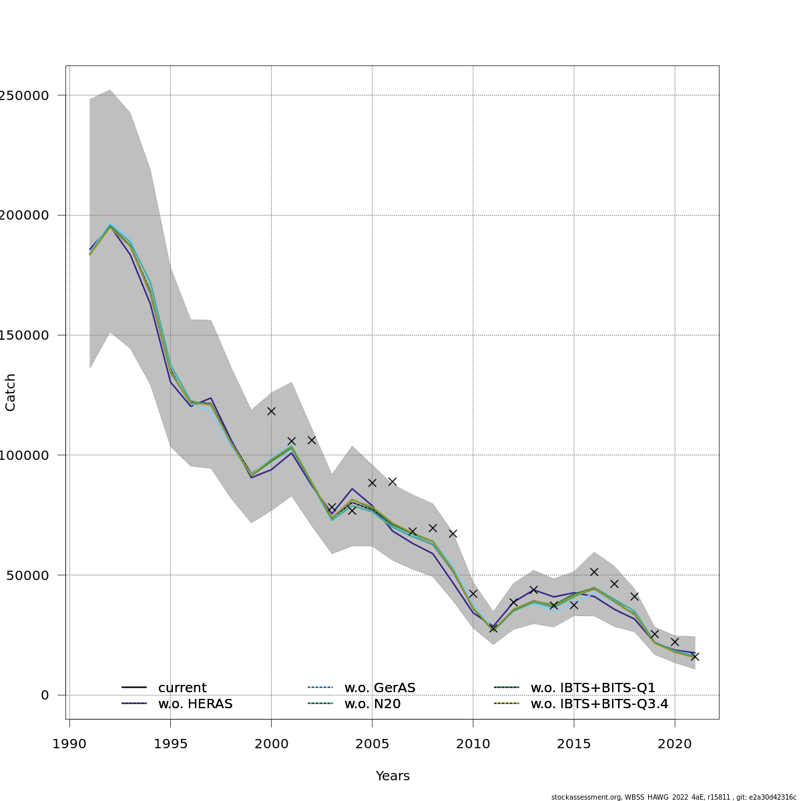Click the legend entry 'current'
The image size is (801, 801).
coord(182,688)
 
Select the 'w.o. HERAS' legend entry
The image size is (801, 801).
coord(195,704)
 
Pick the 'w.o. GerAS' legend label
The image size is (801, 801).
coord(380,688)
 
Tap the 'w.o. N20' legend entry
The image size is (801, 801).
coord(372,704)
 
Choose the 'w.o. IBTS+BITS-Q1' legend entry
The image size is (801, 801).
coord(593,688)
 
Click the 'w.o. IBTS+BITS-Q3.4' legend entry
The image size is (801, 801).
coord(599,704)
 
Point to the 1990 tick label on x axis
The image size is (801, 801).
coord(69,744)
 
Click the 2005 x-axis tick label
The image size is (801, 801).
coord(372,744)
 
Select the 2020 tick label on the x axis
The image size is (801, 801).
coord(674,744)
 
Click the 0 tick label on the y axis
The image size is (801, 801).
coord(45,695)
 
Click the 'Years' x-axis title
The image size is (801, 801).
coord(392,776)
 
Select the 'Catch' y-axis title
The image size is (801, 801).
coord(11,392)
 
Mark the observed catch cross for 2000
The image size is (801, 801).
coord(271,411)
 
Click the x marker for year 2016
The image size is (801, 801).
coord(594,572)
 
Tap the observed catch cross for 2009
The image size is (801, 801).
coord(453,533)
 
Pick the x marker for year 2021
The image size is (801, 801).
coord(695,657)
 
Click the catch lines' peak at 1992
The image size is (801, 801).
coord(110,226)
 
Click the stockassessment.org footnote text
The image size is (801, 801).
coord(674,797)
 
